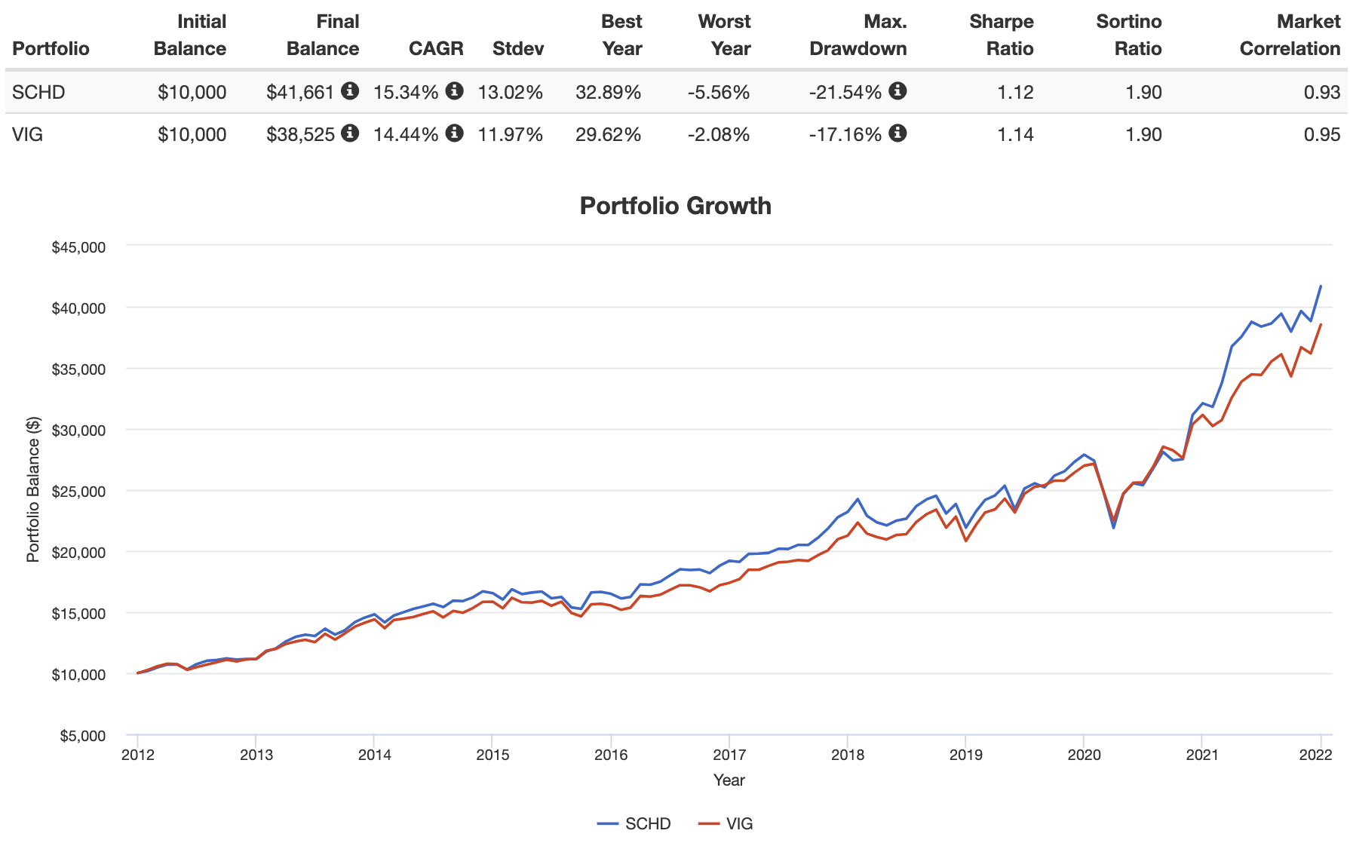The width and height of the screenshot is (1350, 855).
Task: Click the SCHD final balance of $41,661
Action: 300,92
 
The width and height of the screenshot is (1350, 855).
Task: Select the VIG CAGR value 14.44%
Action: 406,134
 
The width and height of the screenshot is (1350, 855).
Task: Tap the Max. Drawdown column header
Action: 858,35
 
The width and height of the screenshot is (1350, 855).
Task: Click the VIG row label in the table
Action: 27,134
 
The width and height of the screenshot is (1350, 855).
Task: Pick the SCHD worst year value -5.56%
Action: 718,92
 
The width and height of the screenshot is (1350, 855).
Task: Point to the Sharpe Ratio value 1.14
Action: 1015,134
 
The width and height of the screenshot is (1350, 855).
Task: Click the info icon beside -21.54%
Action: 897,91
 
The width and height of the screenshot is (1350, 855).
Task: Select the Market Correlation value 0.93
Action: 1321,92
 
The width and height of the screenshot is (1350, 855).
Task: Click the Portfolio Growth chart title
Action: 675,206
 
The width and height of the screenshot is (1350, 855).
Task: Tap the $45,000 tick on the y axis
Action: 78,247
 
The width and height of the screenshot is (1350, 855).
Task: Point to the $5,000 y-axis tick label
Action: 82,736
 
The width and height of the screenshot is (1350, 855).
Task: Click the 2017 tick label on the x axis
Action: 729,755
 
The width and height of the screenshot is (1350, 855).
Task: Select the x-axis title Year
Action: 729,780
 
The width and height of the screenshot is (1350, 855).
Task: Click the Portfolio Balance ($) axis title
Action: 33,490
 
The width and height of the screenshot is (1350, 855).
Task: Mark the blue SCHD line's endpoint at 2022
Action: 1321,287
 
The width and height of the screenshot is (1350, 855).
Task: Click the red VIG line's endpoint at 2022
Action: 1321,325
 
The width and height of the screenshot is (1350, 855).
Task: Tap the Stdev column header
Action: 517,48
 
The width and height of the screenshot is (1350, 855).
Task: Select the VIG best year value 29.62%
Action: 608,134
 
